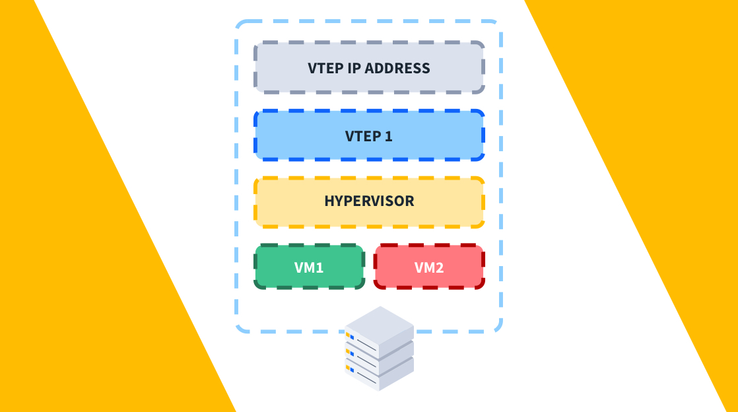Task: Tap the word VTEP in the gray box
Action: (325, 68)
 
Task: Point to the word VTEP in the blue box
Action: (363, 136)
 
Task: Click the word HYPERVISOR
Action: (369, 201)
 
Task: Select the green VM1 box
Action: (310, 267)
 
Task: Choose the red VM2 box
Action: (429, 267)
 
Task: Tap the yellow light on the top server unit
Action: (347, 335)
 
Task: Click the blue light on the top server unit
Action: (352, 337)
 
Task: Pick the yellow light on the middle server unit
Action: (347, 351)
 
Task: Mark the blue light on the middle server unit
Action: (352, 354)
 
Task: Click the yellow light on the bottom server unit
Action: (347, 368)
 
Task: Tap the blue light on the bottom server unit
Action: (352, 370)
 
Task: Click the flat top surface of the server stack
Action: (380, 324)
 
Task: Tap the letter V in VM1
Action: (299, 267)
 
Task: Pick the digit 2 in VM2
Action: (440, 267)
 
